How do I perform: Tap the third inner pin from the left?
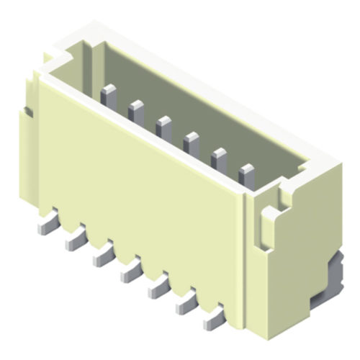(163, 125)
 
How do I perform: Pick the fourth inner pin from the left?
(191, 141)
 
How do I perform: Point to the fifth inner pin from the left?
(218, 156)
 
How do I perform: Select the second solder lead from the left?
(74, 241)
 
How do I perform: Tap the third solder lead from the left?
(102, 256)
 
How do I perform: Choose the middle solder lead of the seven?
(130, 271)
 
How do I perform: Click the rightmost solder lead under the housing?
(213, 317)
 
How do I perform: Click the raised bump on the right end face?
(268, 227)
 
